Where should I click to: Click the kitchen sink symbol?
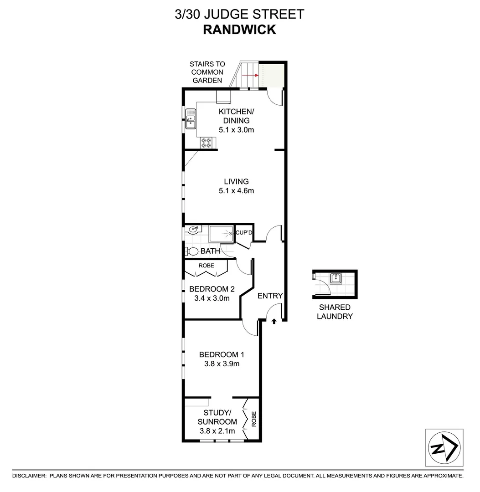[x=191, y=118]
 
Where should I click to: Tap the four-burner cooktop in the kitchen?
[x=206, y=143]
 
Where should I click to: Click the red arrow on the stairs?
[x=250, y=75]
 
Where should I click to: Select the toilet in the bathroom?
[x=192, y=251]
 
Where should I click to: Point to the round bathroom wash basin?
[x=191, y=230]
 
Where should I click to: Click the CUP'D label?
[x=243, y=233]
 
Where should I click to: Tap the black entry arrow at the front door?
[x=274, y=321]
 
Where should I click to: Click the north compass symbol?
[x=444, y=448]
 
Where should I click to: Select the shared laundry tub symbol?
[x=336, y=278]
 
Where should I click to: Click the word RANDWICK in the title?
[x=239, y=30]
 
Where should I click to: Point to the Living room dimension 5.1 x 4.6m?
[x=237, y=190]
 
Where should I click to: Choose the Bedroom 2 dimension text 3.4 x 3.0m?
[x=212, y=298]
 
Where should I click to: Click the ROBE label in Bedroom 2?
[x=206, y=266]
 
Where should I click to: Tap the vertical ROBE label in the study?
[x=254, y=419]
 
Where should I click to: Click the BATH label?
[x=210, y=251]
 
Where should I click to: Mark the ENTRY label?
[x=270, y=296]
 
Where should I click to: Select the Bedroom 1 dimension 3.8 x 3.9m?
[x=222, y=364]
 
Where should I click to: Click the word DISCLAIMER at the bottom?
[x=29, y=476]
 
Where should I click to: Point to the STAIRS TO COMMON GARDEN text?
[x=207, y=72]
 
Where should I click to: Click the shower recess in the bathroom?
[x=222, y=234]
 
